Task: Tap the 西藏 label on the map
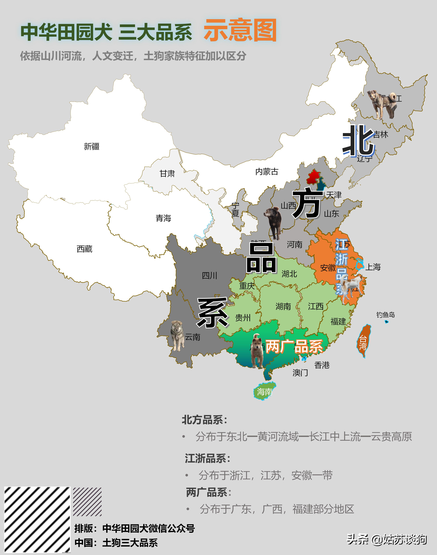(x=84, y=249)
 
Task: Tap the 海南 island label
(x=264, y=391)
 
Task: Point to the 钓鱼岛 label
(x=385, y=315)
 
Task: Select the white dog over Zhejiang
(x=350, y=288)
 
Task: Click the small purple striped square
(x=87, y=502)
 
